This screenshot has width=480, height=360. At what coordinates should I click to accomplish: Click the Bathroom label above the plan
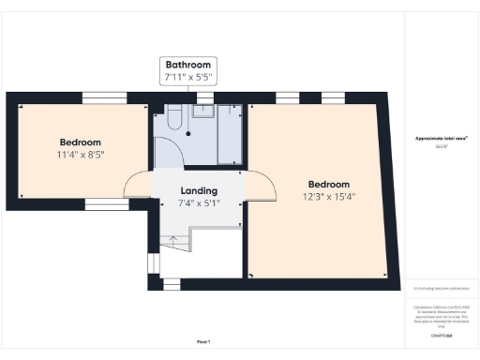point(196,64)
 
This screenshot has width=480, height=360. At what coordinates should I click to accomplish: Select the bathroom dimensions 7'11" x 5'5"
point(196,76)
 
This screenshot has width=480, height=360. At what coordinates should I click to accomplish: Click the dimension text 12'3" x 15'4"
point(328,197)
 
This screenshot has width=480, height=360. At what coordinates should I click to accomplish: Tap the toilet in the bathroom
point(174,119)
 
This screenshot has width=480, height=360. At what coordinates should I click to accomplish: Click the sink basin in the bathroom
point(203,112)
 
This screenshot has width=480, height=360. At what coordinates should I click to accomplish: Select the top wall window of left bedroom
point(104,97)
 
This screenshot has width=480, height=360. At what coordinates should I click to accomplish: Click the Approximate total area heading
point(442,138)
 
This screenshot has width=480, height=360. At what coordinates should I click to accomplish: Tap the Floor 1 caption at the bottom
point(203,341)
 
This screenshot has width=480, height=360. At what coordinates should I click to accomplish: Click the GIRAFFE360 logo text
point(442,335)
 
